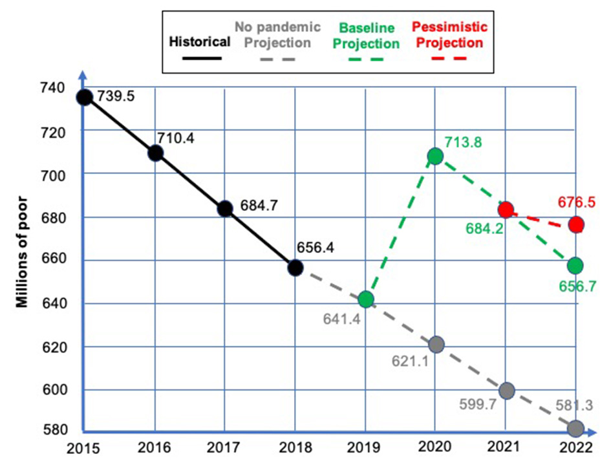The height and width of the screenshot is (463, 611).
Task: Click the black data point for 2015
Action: pyautogui.click(x=84, y=97)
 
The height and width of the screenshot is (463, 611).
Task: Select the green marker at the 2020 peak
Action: pyautogui.click(x=435, y=156)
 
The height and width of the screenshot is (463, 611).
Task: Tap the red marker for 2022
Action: pyautogui.click(x=576, y=224)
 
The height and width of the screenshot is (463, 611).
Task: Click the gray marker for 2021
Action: pyautogui.click(x=506, y=391)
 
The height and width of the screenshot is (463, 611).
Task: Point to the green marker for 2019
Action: pyautogui.click(x=366, y=299)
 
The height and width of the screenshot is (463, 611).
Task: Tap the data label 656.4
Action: pyautogui.click(x=317, y=248)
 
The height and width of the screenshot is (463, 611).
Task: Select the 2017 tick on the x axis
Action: pyautogui.click(x=225, y=447)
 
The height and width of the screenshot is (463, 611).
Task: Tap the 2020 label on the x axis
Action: pyautogui.click(x=435, y=447)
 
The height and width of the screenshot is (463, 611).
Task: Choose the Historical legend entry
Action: pyautogui.click(x=198, y=42)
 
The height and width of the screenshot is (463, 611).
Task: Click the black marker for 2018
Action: pyautogui.click(x=295, y=267)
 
